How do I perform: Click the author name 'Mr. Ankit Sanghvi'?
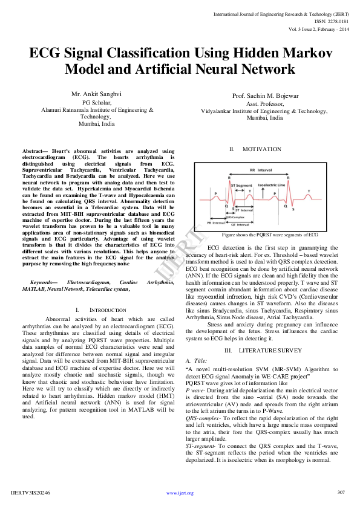pos(96,95)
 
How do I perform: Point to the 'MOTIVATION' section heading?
pos(261,149)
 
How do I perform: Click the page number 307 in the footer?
pos(341,491)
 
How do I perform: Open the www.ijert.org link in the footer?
pos(180,493)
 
